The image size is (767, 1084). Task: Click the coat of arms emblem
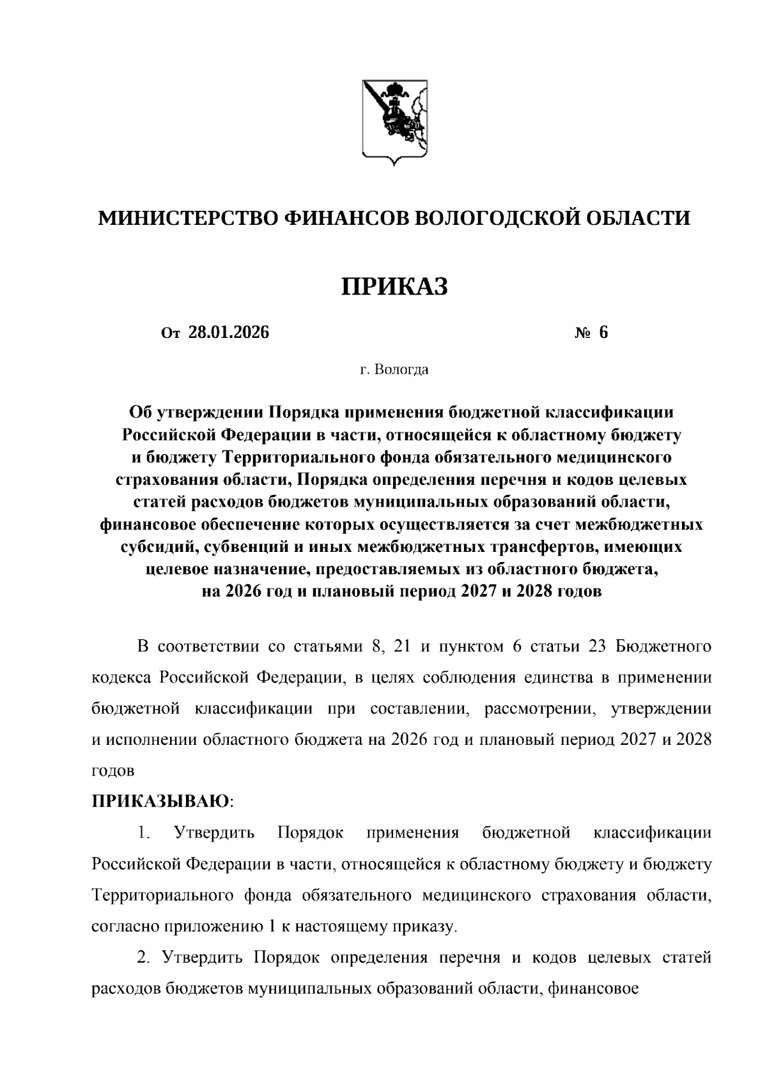point(395,123)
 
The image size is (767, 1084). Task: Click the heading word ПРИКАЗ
point(394,287)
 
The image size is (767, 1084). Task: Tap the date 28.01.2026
point(229,332)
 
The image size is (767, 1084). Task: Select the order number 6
point(603,332)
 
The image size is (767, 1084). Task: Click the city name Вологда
point(401,370)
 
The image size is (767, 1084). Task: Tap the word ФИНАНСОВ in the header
point(343,218)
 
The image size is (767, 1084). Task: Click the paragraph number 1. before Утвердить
point(143,833)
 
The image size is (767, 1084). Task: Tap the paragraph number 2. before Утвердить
point(143,958)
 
